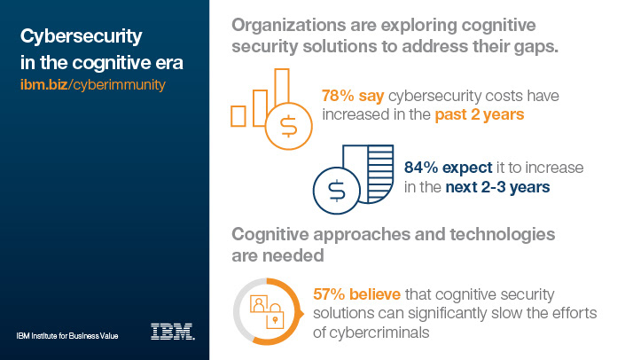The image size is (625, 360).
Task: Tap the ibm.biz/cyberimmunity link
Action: point(92,85)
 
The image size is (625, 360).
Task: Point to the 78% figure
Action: point(338,95)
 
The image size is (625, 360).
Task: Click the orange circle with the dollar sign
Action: point(288,124)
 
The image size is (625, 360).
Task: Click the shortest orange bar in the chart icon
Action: point(238,115)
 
